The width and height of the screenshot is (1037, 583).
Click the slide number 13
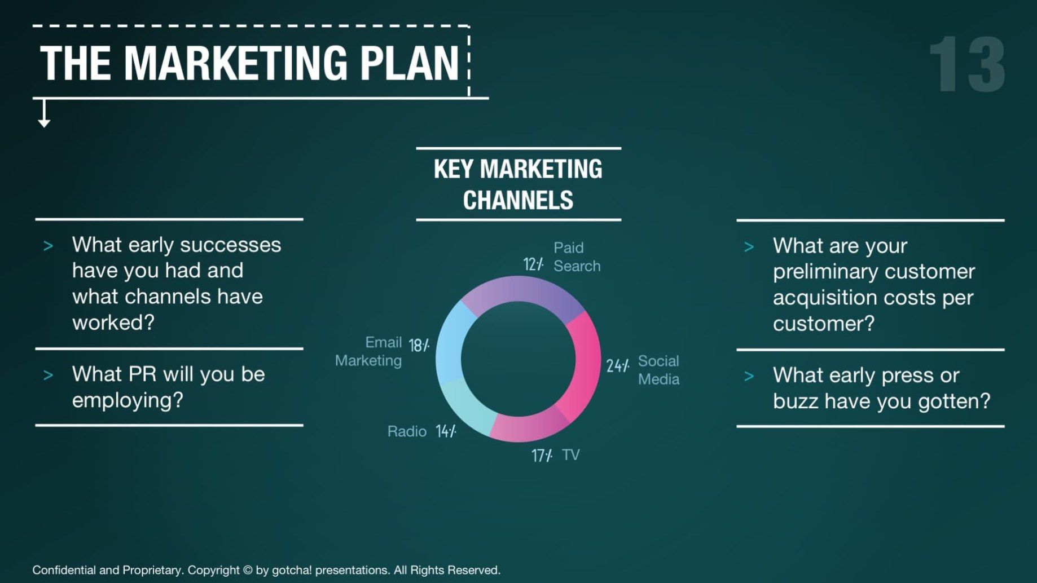(967, 64)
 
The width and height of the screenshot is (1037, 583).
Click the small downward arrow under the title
(44, 113)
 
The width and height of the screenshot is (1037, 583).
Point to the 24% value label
(618, 366)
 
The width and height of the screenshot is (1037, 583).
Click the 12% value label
(533, 264)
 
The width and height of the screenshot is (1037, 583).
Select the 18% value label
(419, 345)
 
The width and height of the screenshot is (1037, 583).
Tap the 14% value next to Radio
(446, 431)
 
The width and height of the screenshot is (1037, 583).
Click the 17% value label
(542, 456)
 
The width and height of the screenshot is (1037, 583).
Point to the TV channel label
(571, 454)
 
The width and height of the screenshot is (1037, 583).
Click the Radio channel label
(407, 431)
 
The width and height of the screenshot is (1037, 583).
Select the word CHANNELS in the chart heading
(518, 200)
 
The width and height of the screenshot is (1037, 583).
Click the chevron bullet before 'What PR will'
(48, 376)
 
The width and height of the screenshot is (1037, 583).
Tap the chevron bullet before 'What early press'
(749, 377)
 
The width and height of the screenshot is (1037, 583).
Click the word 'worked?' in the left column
(113, 323)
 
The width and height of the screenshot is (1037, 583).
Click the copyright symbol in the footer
(247, 570)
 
